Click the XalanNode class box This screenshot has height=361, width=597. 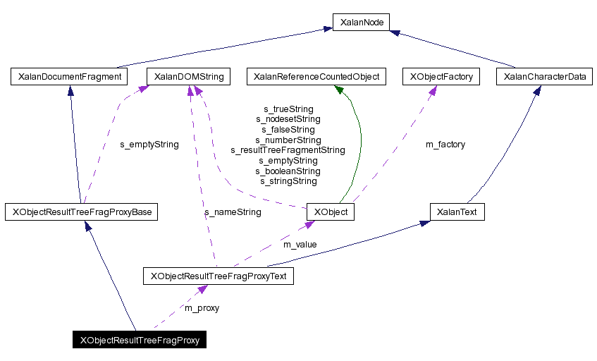[x=361, y=23]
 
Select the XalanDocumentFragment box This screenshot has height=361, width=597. [x=68, y=76]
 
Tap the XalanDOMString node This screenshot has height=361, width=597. [x=188, y=76]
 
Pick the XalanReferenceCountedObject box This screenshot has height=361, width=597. [x=316, y=76]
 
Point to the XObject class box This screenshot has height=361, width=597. [x=331, y=212]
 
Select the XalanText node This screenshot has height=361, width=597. [x=457, y=212]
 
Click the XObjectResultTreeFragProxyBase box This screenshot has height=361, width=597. [x=80, y=212]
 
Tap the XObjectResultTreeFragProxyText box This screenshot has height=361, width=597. [x=218, y=276]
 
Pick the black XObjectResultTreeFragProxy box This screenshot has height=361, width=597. [x=140, y=340]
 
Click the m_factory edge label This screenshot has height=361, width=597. [x=445, y=145]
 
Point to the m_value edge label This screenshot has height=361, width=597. [x=300, y=245]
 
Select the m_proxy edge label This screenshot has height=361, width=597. [x=202, y=308]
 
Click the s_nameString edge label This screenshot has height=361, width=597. [x=233, y=212]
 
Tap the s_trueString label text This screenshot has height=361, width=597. [x=288, y=109]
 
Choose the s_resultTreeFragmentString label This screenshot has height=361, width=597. [x=288, y=150]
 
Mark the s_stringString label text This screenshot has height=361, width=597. [x=288, y=181]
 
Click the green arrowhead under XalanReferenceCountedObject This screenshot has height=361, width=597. [x=339, y=90]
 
